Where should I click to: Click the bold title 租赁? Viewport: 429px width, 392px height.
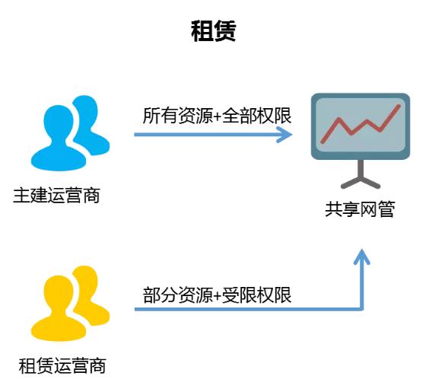coord(214,31)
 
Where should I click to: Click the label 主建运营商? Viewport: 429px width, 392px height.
coord(56,196)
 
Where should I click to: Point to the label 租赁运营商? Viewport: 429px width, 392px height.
coord(62,365)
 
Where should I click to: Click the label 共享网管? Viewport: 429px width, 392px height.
coord(360,209)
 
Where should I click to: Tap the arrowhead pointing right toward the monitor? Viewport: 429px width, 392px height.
coord(284,135)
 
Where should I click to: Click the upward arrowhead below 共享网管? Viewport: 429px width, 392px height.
coord(362,257)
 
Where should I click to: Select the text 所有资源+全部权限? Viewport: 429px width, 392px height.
coord(217,116)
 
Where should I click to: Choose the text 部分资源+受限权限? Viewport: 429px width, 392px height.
coord(217,295)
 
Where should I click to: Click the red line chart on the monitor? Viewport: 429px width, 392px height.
coord(361,124)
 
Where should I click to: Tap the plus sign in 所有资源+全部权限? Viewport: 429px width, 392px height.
coord(218,116)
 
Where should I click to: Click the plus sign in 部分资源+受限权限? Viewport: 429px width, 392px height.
coord(218,296)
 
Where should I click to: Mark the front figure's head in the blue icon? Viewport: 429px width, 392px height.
coord(59,122)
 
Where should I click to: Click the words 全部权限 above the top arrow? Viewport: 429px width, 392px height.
coord(257,116)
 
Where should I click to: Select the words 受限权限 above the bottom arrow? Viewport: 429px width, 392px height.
coord(257,295)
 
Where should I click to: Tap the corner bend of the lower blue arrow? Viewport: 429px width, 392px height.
coord(362,309)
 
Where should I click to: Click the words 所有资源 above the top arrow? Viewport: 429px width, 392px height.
coord(178,116)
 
